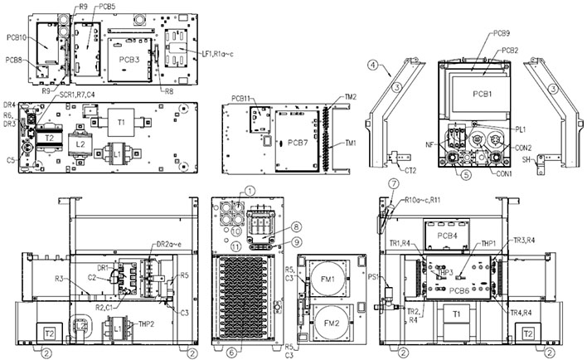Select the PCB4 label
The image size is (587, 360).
449,237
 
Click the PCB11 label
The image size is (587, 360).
242,100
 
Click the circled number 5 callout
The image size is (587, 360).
466,175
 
